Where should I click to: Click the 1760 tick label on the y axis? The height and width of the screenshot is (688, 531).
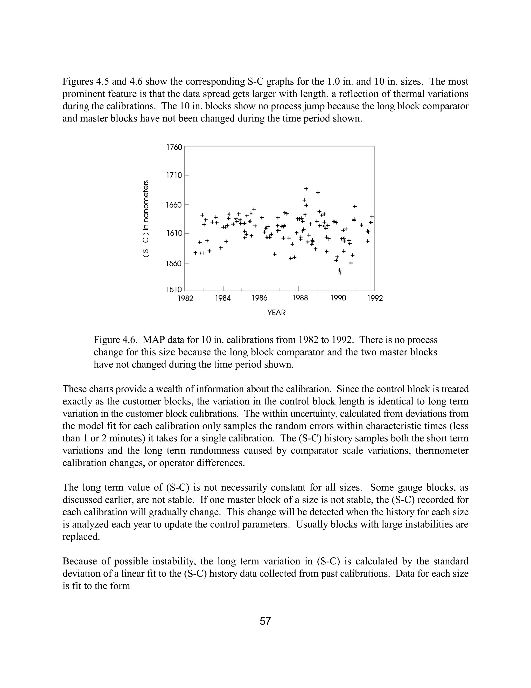click(174, 147)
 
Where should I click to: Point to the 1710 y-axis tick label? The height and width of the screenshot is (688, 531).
click(174, 175)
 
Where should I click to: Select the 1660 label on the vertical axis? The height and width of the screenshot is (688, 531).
click(174, 205)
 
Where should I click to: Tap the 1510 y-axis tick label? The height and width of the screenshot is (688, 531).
click(174, 289)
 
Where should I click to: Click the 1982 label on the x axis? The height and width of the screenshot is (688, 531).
click(185, 298)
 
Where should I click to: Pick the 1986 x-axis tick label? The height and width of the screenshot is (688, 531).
click(260, 298)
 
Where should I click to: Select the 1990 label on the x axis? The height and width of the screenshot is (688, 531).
click(338, 298)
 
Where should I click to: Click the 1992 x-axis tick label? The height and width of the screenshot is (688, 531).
click(375, 298)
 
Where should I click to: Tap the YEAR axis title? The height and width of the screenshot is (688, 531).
click(276, 313)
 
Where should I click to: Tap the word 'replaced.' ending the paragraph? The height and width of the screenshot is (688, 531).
click(81, 537)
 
